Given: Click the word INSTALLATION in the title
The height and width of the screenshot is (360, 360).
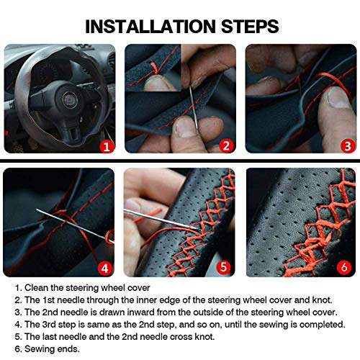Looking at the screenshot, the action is [x=150, y=27].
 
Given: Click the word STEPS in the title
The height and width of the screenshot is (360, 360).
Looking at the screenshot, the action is [x=250, y=27].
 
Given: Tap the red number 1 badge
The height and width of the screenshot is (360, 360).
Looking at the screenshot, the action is [x=107, y=146].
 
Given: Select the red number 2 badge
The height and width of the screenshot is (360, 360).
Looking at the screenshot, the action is [x=226, y=145].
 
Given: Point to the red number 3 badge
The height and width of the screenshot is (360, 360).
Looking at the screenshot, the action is [x=348, y=146].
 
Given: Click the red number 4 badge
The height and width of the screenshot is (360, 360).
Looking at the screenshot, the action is [x=104, y=268].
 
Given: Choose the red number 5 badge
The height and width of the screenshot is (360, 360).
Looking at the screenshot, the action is [x=223, y=267].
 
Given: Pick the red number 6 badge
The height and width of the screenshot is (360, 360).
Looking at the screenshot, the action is [x=344, y=267].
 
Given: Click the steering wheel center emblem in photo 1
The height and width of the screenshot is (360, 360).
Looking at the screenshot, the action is [x=70, y=100].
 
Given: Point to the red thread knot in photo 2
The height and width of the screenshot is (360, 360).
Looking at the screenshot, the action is [x=155, y=68].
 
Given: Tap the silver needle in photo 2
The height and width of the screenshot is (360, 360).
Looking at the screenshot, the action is [x=194, y=107].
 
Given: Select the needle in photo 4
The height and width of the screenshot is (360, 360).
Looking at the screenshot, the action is [x=75, y=225].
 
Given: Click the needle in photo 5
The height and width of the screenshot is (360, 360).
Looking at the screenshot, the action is [x=162, y=220].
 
